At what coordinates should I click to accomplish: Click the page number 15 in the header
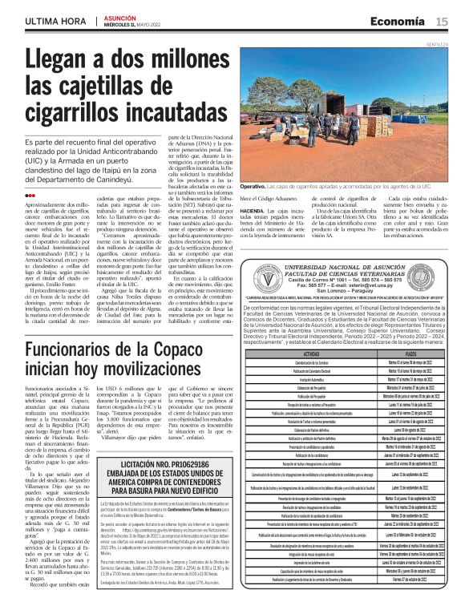(x=442, y=22)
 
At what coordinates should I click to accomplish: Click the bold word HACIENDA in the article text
(x=255, y=232)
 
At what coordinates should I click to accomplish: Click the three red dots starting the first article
(x=30, y=195)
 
